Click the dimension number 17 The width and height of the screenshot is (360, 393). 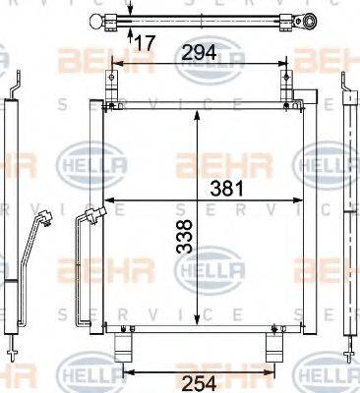coord(144,42)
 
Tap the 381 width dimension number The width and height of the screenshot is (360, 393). coord(223,189)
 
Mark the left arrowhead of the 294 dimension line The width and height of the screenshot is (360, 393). coord(114,64)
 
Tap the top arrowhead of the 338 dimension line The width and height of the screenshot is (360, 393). coord(200,110)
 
